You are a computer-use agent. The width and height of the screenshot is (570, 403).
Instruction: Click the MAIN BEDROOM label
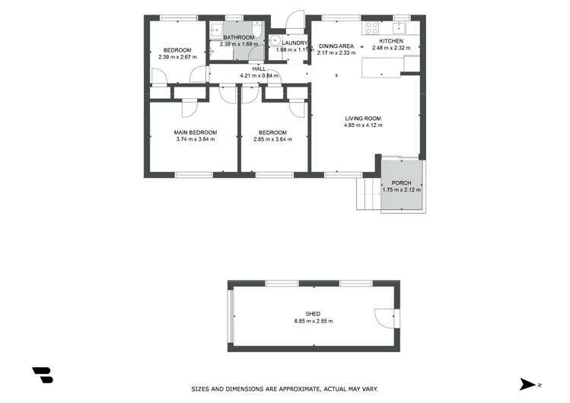(x=196, y=132)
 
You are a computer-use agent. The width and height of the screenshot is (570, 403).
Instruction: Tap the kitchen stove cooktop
(x=373, y=27)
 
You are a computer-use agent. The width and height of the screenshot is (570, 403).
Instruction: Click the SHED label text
(x=313, y=314)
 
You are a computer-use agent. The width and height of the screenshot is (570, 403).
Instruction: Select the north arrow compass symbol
(x=528, y=384)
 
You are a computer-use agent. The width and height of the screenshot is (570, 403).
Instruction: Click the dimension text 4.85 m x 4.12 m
(x=363, y=125)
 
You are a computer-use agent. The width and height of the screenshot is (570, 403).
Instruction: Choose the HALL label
(x=259, y=68)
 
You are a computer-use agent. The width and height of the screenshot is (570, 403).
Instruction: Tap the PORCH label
(x=401, y=183)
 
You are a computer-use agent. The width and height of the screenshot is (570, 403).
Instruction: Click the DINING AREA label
(x=336, y=46)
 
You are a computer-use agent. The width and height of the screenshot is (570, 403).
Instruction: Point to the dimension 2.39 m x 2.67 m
(x=177, y=57)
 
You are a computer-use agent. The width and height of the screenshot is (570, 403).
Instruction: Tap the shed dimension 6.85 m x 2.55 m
(x=313, y=321)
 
